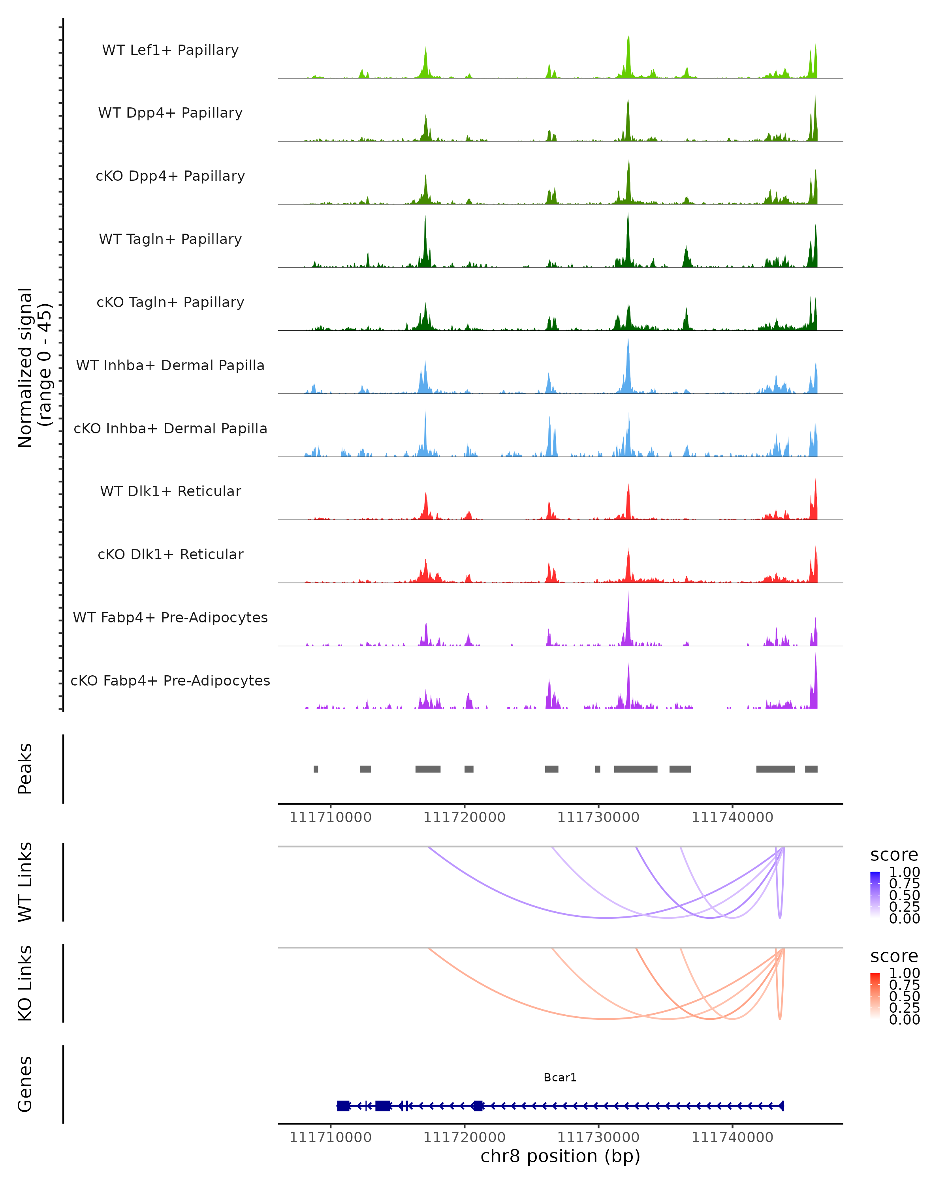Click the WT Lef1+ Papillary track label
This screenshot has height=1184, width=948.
pos(170,50)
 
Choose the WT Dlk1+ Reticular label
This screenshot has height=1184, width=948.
pos(170,491)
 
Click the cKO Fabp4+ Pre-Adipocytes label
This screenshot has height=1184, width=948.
pos(170,680)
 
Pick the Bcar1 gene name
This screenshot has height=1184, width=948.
pos(560,1077)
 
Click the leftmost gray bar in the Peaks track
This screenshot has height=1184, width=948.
pos(316,769)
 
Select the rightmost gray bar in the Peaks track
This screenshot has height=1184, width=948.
pos(811,769)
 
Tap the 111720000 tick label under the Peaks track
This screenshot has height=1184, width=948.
pos(465,817)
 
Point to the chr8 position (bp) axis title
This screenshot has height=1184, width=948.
pos(560,1156)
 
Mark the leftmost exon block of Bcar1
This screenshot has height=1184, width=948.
pos(344,1106)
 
